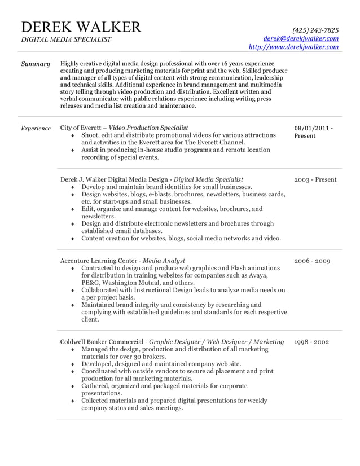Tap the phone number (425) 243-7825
[x=315, y=30]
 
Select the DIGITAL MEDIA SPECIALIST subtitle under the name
[x=66, y=39]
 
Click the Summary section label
[x=35, y=64]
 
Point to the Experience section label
[x=36, y=128]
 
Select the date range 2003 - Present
[x=315, y=180]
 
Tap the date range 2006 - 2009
[x=312, y=261]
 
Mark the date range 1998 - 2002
[x=311, y=342]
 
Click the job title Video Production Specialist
[x=148, y=128]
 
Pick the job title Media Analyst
[x=164, y=261]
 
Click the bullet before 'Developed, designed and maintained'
[x=73, y=365]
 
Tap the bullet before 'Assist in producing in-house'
[x=73, y=151]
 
